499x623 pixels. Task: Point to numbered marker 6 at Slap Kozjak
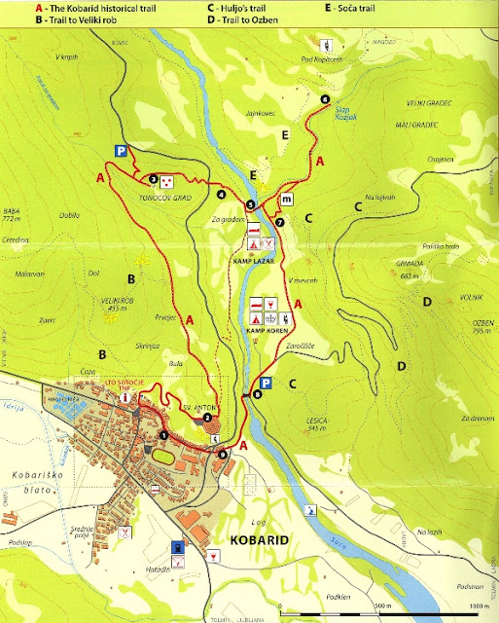pos(324,99)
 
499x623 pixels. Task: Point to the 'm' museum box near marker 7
pos(287,200)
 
